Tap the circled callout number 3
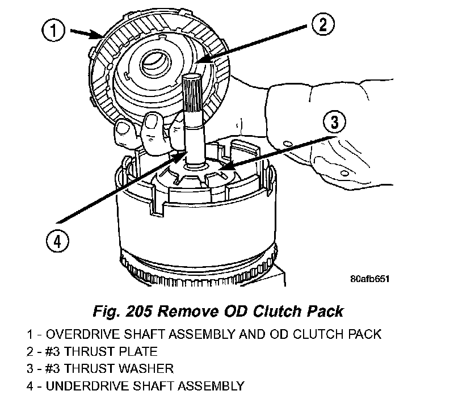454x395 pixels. click(x=335, y=121)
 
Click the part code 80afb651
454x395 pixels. click(x=369, y=279)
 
